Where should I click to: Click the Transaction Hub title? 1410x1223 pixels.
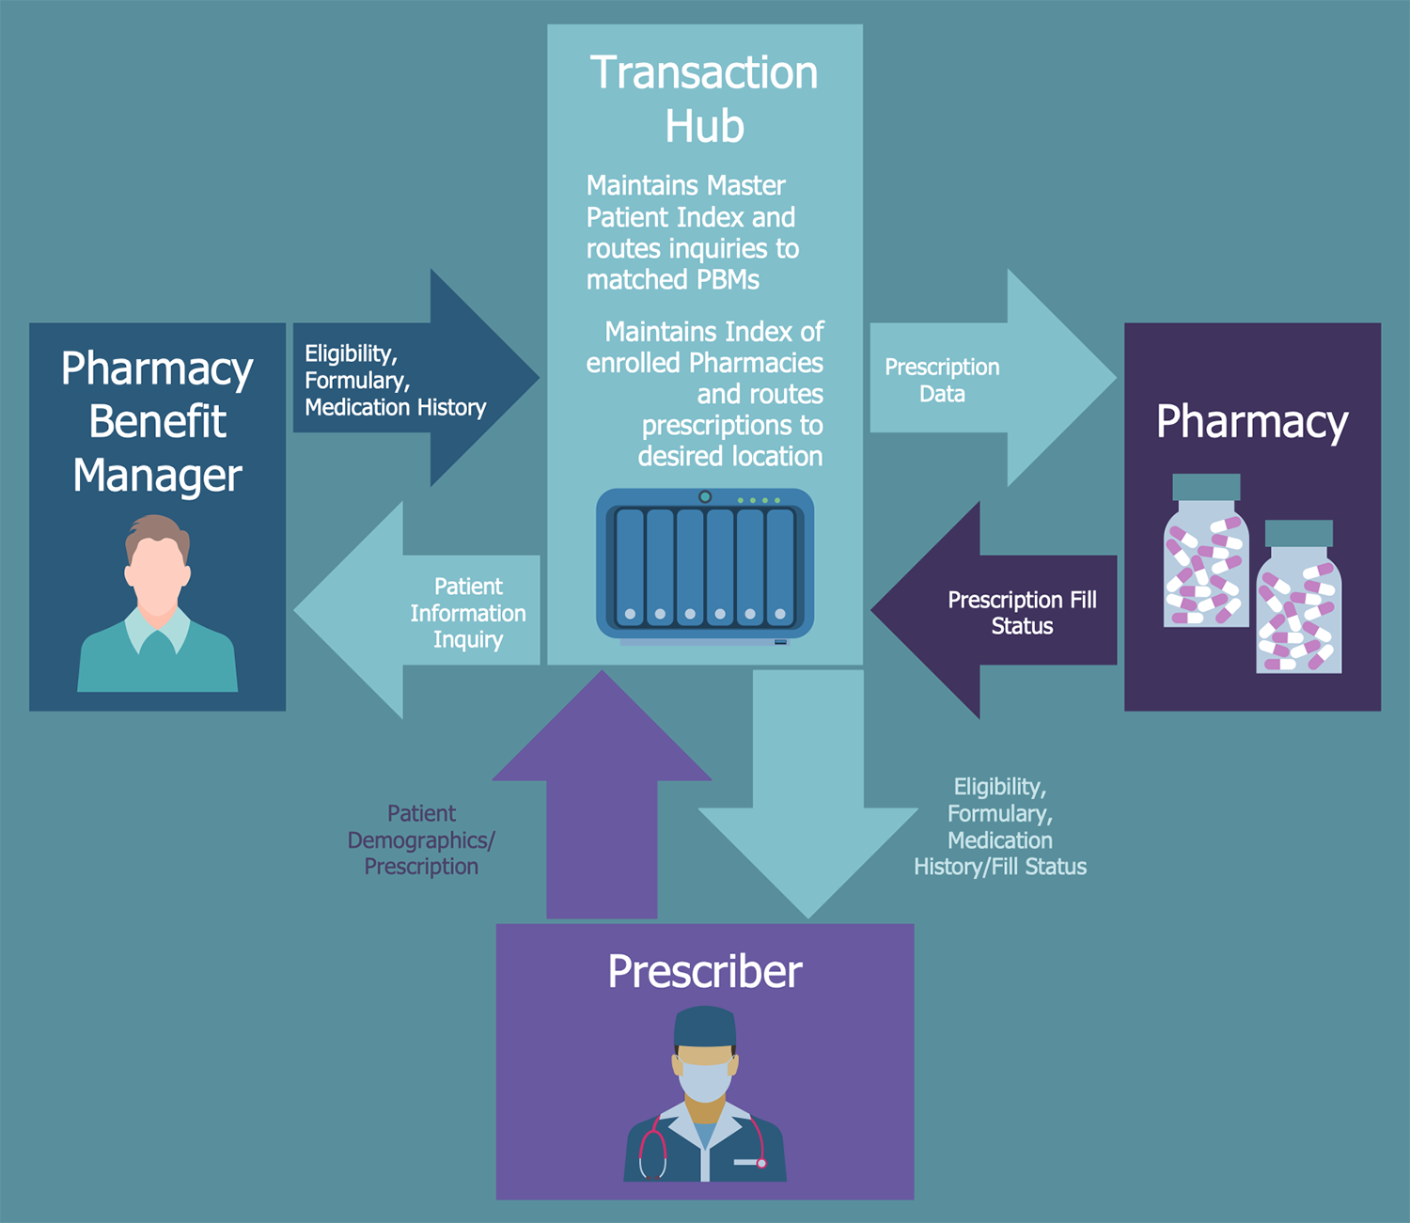(x=704, y=99)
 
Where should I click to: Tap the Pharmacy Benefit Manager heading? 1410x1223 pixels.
(x=157, y=421)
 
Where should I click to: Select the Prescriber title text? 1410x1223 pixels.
(x=704, y=971)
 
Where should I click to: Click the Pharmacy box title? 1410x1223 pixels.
(x=1251, y=420)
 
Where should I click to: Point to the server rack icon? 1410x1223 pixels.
(x=704, y=565)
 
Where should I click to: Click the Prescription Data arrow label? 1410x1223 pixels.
(x=942, y=380)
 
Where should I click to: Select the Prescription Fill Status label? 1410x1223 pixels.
(x=1022, y=613)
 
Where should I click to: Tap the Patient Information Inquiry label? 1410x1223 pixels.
(x=467, y=613)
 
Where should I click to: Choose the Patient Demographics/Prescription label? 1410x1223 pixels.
(x=421, y=839)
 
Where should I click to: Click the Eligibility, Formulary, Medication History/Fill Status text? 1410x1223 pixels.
(x=1000, y=827)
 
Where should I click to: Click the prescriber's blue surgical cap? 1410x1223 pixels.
(x=704, y=1027)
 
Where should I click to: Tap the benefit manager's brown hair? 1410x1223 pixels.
(x=157, y=533)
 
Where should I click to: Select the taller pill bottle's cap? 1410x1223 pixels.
(x=1206, y=486)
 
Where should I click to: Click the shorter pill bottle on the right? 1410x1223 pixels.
(x=1298, y=602)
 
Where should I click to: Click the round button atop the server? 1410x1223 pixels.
(x=704, y=496)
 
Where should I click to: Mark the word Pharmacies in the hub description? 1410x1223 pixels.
(x=756, y=363)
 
